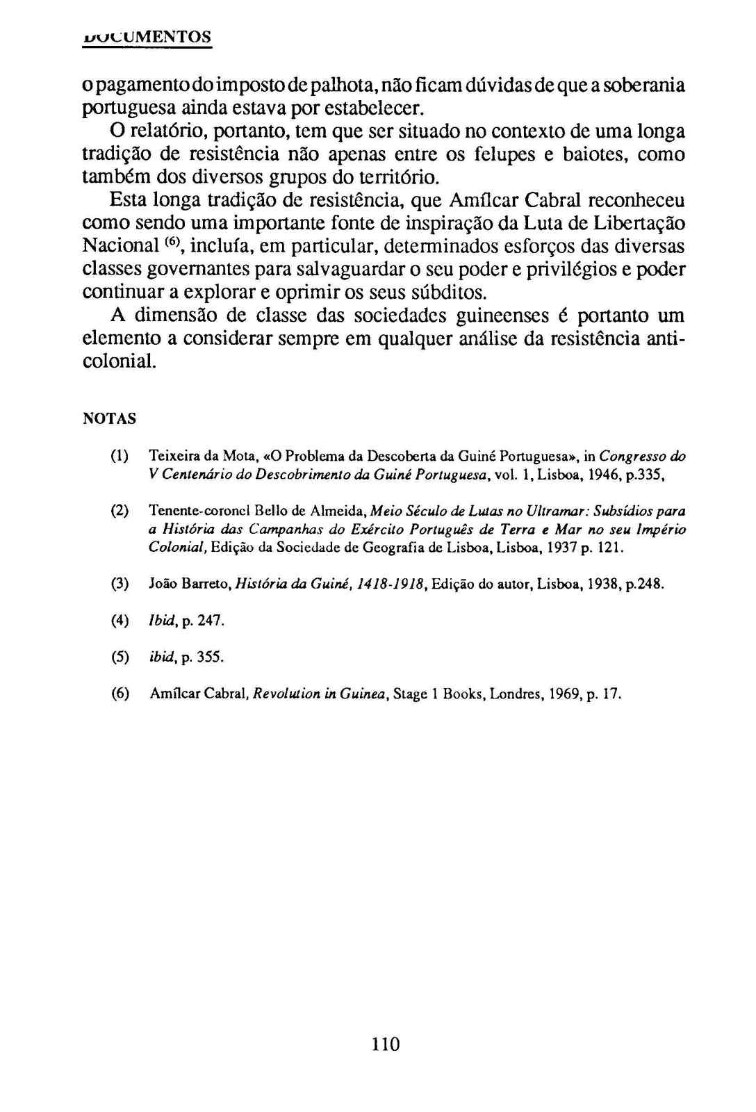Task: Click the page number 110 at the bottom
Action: click(386, 1044)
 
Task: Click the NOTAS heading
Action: click(109, 419)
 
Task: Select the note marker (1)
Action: click(120, 457)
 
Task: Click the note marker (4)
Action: click(120, 621)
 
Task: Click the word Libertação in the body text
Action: click(635, 223)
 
